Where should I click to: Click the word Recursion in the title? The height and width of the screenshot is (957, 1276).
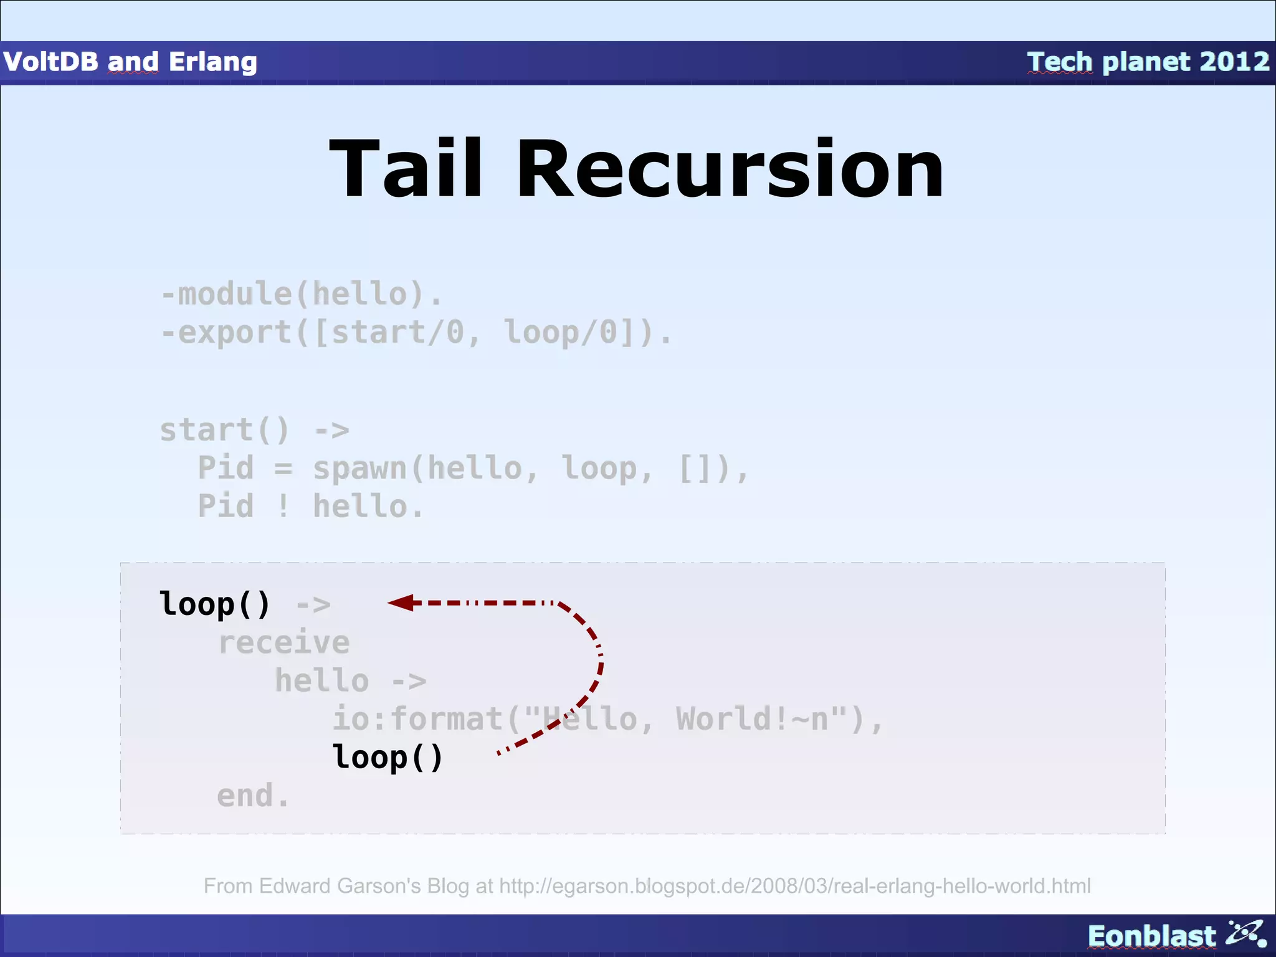(730, 169)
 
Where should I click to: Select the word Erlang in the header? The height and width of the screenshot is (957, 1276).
(212, 62)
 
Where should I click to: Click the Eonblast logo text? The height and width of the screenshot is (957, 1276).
(1151, 936)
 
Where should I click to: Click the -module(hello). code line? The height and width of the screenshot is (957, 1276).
(302, 294)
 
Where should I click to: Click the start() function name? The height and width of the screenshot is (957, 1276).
(224, 431)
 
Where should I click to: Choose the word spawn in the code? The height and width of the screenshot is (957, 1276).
(359, 469)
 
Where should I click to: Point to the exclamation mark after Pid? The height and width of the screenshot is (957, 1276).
(283, 506)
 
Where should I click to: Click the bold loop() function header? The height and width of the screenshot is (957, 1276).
(215, 604)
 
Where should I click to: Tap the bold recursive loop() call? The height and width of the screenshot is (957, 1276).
(388, 757)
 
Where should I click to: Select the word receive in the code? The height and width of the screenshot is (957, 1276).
(283, 642)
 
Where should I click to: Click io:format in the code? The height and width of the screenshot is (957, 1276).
(416, 719)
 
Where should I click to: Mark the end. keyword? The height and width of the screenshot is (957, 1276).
(253, 796)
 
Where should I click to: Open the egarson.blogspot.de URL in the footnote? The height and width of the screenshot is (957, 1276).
(794, 886)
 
